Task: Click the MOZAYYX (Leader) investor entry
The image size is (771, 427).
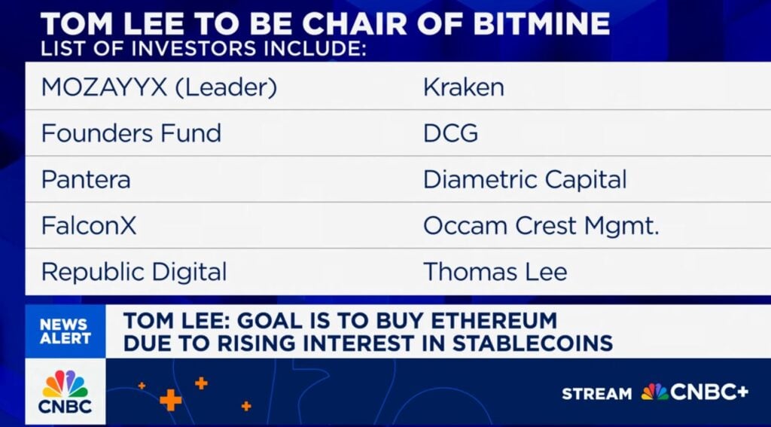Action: coord(160,87)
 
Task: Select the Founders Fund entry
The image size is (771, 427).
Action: coord(131,133)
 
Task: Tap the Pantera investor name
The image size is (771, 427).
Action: coord(86,179)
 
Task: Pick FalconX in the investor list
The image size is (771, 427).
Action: coord(89,225)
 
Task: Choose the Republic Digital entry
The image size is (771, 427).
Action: coord(134,272)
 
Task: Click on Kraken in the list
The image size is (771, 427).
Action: coord(464,87)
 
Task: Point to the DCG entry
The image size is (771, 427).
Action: coord(450,133)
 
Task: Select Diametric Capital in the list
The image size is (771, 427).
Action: coord(525,179)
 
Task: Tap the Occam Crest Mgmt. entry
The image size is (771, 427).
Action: coord(541,226)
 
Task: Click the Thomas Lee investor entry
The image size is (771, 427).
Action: coord(495,272)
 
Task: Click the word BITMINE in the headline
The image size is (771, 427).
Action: coord(541,23)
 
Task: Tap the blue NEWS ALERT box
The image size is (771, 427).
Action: coord(66,331)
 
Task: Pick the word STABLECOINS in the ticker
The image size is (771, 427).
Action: coord(532,343)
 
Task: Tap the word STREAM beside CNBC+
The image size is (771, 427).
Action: coord(597,394)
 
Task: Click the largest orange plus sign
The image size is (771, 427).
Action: coord(171,399)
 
